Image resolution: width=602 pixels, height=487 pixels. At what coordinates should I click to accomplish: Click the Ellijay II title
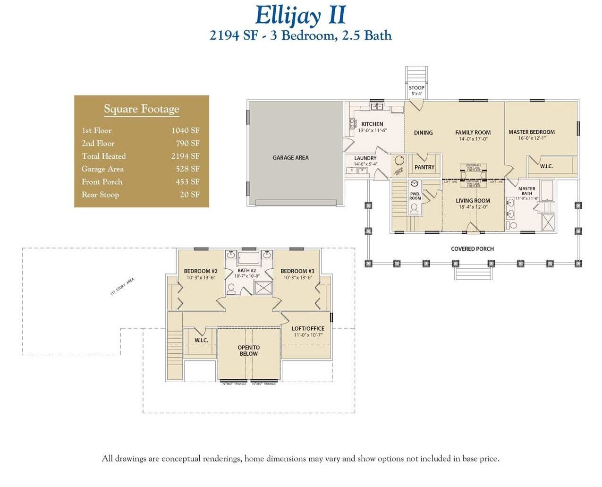pos(300,15)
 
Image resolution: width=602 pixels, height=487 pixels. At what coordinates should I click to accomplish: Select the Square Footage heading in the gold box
pos(141,109)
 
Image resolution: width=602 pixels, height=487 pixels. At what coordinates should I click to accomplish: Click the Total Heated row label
pos(103,156)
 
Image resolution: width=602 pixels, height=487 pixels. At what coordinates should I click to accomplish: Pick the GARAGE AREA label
pos(290,158)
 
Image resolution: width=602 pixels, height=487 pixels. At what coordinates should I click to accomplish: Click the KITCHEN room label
pos(372,124)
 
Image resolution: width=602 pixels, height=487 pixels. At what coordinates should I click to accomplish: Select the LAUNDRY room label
pos(365,158)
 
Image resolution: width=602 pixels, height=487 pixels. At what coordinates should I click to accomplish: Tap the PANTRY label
pos(424,167)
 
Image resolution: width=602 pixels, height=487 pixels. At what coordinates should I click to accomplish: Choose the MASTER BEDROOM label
pos(531,132)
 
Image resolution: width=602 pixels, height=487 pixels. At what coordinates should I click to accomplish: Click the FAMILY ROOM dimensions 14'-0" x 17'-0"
pos(473,139)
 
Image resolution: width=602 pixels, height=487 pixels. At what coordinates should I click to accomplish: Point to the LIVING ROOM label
pos(473,201)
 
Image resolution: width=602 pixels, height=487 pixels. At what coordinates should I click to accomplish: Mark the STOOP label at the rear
pos(416,88)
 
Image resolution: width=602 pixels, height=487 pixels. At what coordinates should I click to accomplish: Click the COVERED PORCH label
pos(472,249)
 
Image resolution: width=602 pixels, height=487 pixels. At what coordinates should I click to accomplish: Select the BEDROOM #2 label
pos(200,271)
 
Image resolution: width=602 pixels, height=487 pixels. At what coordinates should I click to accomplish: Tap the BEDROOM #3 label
pos(297,271)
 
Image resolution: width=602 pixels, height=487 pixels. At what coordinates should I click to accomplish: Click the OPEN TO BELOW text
pos(248,350)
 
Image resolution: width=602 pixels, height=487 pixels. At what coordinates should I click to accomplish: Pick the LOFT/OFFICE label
pos(308,328)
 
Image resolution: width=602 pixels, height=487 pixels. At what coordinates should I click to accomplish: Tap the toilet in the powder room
pos(414,208)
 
